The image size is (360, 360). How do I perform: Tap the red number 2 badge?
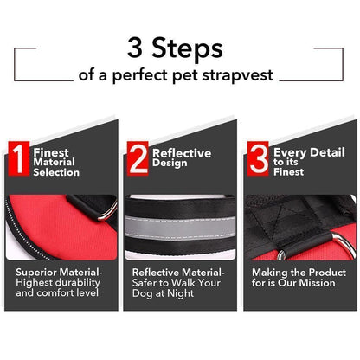(x=138, y=159)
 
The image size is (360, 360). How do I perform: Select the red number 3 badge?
(x=258, y=159)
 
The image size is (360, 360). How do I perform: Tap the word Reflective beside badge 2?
(x=182, y=152)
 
